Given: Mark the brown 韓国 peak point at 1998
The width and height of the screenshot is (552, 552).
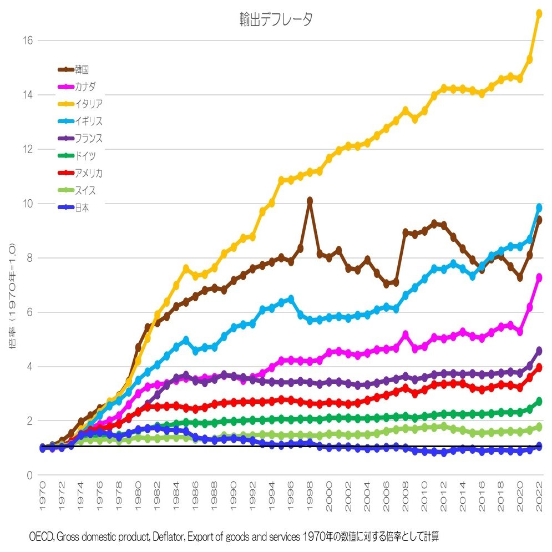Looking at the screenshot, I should pos(310,200).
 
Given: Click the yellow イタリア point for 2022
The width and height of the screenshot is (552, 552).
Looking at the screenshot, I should pos(539,13).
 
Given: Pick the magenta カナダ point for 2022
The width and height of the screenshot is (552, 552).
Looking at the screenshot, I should pos(539,277).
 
